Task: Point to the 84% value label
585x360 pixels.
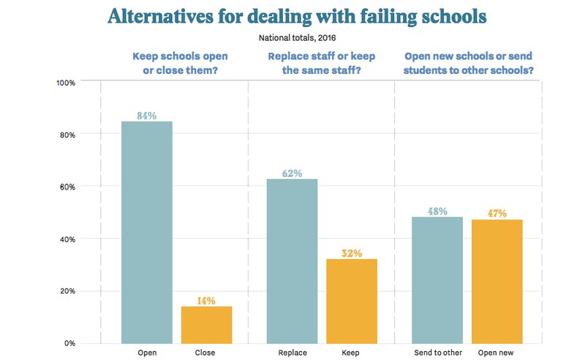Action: coord(146,115)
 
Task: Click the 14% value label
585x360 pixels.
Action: coord(205,300)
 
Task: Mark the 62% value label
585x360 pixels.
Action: coord(292,173)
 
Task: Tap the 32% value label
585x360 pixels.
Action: coord(352,253)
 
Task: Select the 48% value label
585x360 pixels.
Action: coord(437,211)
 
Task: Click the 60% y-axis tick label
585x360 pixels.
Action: coord(67,187)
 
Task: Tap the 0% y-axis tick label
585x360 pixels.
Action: coord(70,343)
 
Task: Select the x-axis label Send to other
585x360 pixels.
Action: coord(437,353)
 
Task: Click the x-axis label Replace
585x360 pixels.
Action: coord(292,353)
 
